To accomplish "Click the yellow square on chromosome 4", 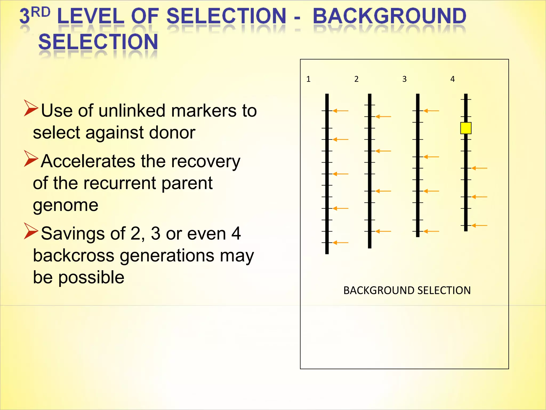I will click(x=466, y=128).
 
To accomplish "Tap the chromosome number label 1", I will click(x=308, y=79).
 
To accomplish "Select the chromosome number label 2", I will click(x=356, y=79).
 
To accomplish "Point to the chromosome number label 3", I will click(x=404, y=79).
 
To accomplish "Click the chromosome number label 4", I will click(x=452, y=79).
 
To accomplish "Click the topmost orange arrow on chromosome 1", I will click(x=340, y=111).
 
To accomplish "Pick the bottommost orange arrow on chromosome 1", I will click(x=340, y=243).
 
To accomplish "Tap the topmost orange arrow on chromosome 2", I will click(x=383, y=117).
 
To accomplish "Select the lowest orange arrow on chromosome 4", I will click(x=479, y=226).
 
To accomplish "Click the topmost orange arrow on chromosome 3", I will click(x=431, y=111).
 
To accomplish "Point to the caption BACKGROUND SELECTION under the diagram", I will click(x=407, y=290).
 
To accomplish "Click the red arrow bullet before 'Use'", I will click(x=31, y=108).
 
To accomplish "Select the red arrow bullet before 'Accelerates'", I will click(x=31, y=159).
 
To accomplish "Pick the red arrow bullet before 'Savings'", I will click(x=31, y=231).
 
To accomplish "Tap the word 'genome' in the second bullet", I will click(x=66, y=206).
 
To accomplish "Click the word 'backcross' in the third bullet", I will click(x=74, y=255).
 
